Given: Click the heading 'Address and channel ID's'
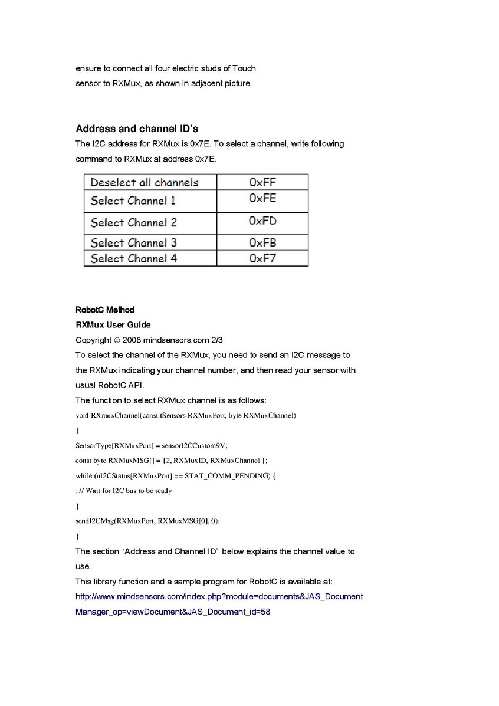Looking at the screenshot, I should pyautogui.click(x=137, y=129).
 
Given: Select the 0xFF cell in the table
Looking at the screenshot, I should pyautogui.click(x=262, y=182).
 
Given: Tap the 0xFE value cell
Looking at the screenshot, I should pyautogui.click(x=262, y=199).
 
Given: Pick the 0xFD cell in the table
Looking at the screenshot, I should pyautogui.click(x=262, y=221).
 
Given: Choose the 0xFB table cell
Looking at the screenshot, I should pyautogui.click(x=262, y=242).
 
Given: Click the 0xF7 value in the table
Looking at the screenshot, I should pyautogui.click(x=262, y=258).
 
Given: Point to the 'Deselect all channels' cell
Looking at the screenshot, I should pyautogui.click(x=145, y=182).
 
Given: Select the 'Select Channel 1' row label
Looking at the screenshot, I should pyautogui.click(x=133, y=201).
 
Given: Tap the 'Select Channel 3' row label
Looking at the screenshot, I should pyautogui.click(x=134, y=242).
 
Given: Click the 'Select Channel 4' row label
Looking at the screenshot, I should pyautogui.click(x=134, y=258).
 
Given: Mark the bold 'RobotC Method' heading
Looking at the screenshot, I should pyautogui.click(x=105, y=310).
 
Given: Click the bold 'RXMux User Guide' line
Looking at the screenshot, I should pyautogui.click(x=113, y=325).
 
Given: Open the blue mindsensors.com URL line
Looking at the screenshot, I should pyautogui.click(x=219, y=596).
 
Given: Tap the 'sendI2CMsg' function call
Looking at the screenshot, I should pyautogui.click(x=94, y=521).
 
